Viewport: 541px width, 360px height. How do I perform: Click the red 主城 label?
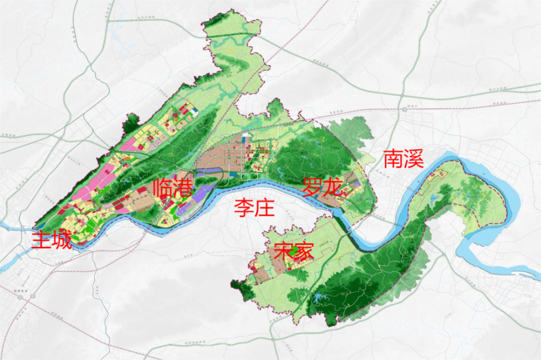tap(51, 240)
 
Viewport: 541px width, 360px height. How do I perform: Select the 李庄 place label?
tap(254, 207)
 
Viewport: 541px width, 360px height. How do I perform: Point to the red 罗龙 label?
tap(322, 187)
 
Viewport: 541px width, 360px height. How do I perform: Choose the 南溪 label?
tap(403, 159)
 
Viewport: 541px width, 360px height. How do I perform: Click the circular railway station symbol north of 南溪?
tap(405, 109)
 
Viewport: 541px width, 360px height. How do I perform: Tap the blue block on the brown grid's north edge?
tap(245, 139)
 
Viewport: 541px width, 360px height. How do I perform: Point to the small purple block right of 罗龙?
tap(356, 184)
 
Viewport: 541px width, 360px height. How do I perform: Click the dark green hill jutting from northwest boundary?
tap(131, 123)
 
